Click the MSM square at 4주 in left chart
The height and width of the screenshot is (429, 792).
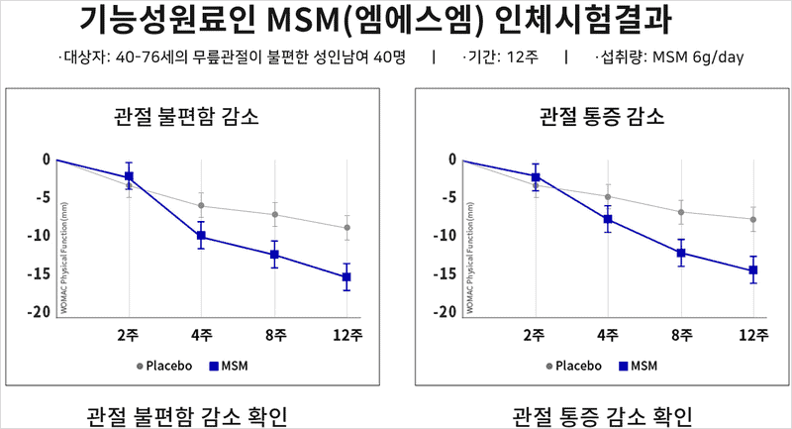click(x=201, y=236)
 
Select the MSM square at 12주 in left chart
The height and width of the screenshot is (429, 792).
click(x=346, y=277)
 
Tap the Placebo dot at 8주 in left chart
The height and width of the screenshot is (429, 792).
click(x=274, y=214)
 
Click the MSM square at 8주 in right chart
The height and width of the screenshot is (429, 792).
click(x=681, y=253)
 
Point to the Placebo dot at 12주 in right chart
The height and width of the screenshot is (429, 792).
click(x=753, y=219)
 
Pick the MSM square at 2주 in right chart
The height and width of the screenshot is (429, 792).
click(x=536, y=176)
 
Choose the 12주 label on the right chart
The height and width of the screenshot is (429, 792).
click(x=753, y=334)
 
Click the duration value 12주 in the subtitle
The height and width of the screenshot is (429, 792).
click(x=522, y=56)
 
